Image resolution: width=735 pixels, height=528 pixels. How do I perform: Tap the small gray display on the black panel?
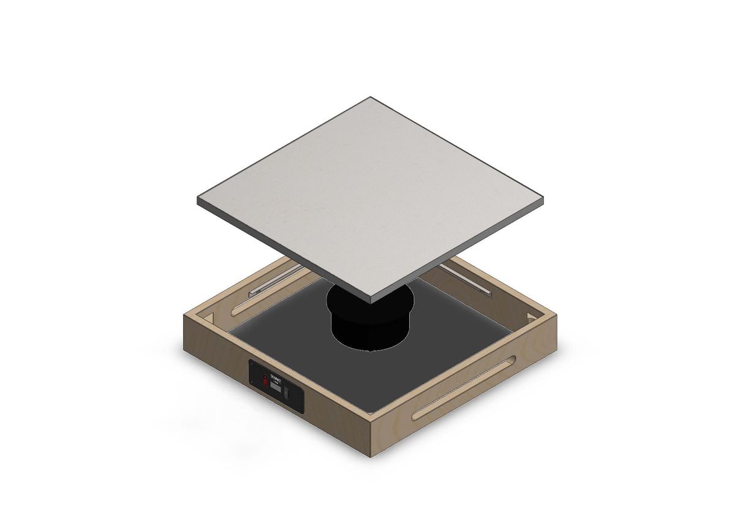(276, 388)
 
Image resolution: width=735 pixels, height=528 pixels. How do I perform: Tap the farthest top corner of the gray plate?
(370, 97)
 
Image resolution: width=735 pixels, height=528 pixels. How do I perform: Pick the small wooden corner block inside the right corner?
(529, 318)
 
